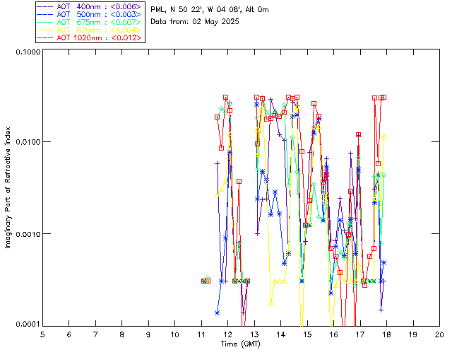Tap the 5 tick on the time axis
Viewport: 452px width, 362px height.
tap(42, 334)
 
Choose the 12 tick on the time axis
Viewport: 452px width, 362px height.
tap(227, 334)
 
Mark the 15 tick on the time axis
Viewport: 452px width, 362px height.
tap(307, 334)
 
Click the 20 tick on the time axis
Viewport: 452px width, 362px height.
tap(439, 334)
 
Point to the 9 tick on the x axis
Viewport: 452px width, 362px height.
tap(148, 334)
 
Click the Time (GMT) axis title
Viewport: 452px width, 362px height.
tap(240, 344)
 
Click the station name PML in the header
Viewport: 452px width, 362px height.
tap(158, 10)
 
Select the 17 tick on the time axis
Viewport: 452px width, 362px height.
tap(359, 334)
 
